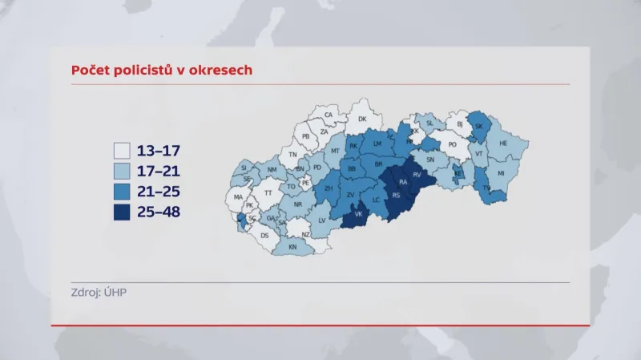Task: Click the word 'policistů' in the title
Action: click(x=150, y=70)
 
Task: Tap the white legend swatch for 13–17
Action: click(x=122, y=150)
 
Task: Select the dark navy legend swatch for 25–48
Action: click(x=122, y=212)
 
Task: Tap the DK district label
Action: click(x=362, y=119)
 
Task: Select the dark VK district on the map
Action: click(x=359, y=214)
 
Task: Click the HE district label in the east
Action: click(x=503, y=144)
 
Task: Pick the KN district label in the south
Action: click(x=292, y=247)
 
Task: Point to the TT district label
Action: click(x=268, y=192)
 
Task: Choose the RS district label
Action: click(x=396, y=195)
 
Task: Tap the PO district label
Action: click(x=452, y=145)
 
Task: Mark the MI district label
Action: click(x=501, y=173)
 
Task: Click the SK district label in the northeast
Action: click(x=479, y=126)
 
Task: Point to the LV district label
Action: click(x=322, y=220)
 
